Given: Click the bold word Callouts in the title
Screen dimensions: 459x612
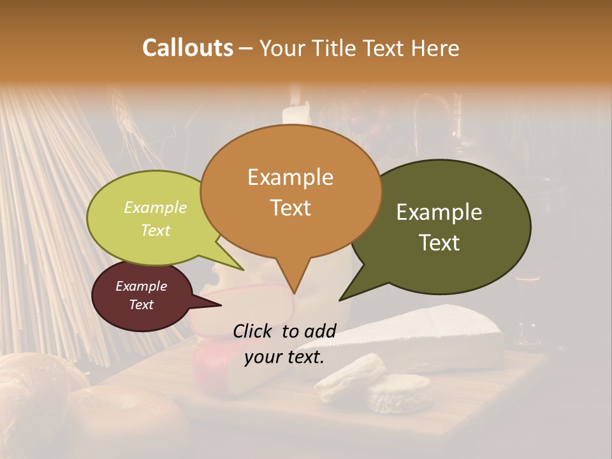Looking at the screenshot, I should [x=187, y=48].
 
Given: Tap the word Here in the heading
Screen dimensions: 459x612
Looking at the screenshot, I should [x=435, y=48].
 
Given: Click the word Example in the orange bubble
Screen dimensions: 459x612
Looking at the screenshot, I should [x=290, y=177].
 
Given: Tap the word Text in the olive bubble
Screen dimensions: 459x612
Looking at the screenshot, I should [x=440, y=243].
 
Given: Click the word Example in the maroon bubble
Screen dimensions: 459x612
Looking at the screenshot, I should [x=141, y=286].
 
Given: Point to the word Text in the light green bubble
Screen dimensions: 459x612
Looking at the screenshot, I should [x=156, y=231].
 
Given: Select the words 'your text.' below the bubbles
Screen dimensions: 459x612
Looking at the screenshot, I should [x=284, y=357].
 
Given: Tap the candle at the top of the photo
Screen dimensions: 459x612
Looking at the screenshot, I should [x=296, y=115].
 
